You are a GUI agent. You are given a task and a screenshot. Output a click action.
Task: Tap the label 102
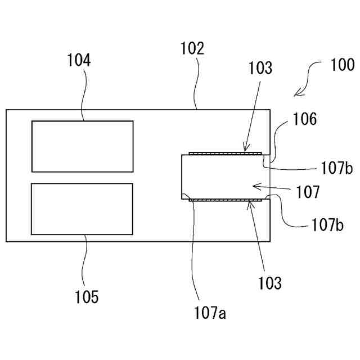[192, 48]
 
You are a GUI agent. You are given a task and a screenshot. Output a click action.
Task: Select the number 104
[79, 60]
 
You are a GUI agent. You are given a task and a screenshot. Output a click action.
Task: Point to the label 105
[87, 296]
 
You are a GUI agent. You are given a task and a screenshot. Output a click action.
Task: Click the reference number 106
[304, 119]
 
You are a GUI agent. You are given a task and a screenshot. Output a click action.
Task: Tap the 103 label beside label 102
[259, 68]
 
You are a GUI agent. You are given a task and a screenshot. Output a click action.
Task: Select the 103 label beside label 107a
[270, 283]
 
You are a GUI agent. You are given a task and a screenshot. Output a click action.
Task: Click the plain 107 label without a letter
[309, 192]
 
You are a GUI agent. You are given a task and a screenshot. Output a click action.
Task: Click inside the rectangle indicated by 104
[82, 146]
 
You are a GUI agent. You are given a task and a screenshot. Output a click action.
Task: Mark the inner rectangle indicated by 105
[82, 209]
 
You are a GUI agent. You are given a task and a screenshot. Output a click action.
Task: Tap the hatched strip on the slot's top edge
[224, 153]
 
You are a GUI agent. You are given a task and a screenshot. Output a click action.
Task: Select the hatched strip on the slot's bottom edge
[224, 200]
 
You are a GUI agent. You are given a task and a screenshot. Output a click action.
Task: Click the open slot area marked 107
[219, 177]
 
